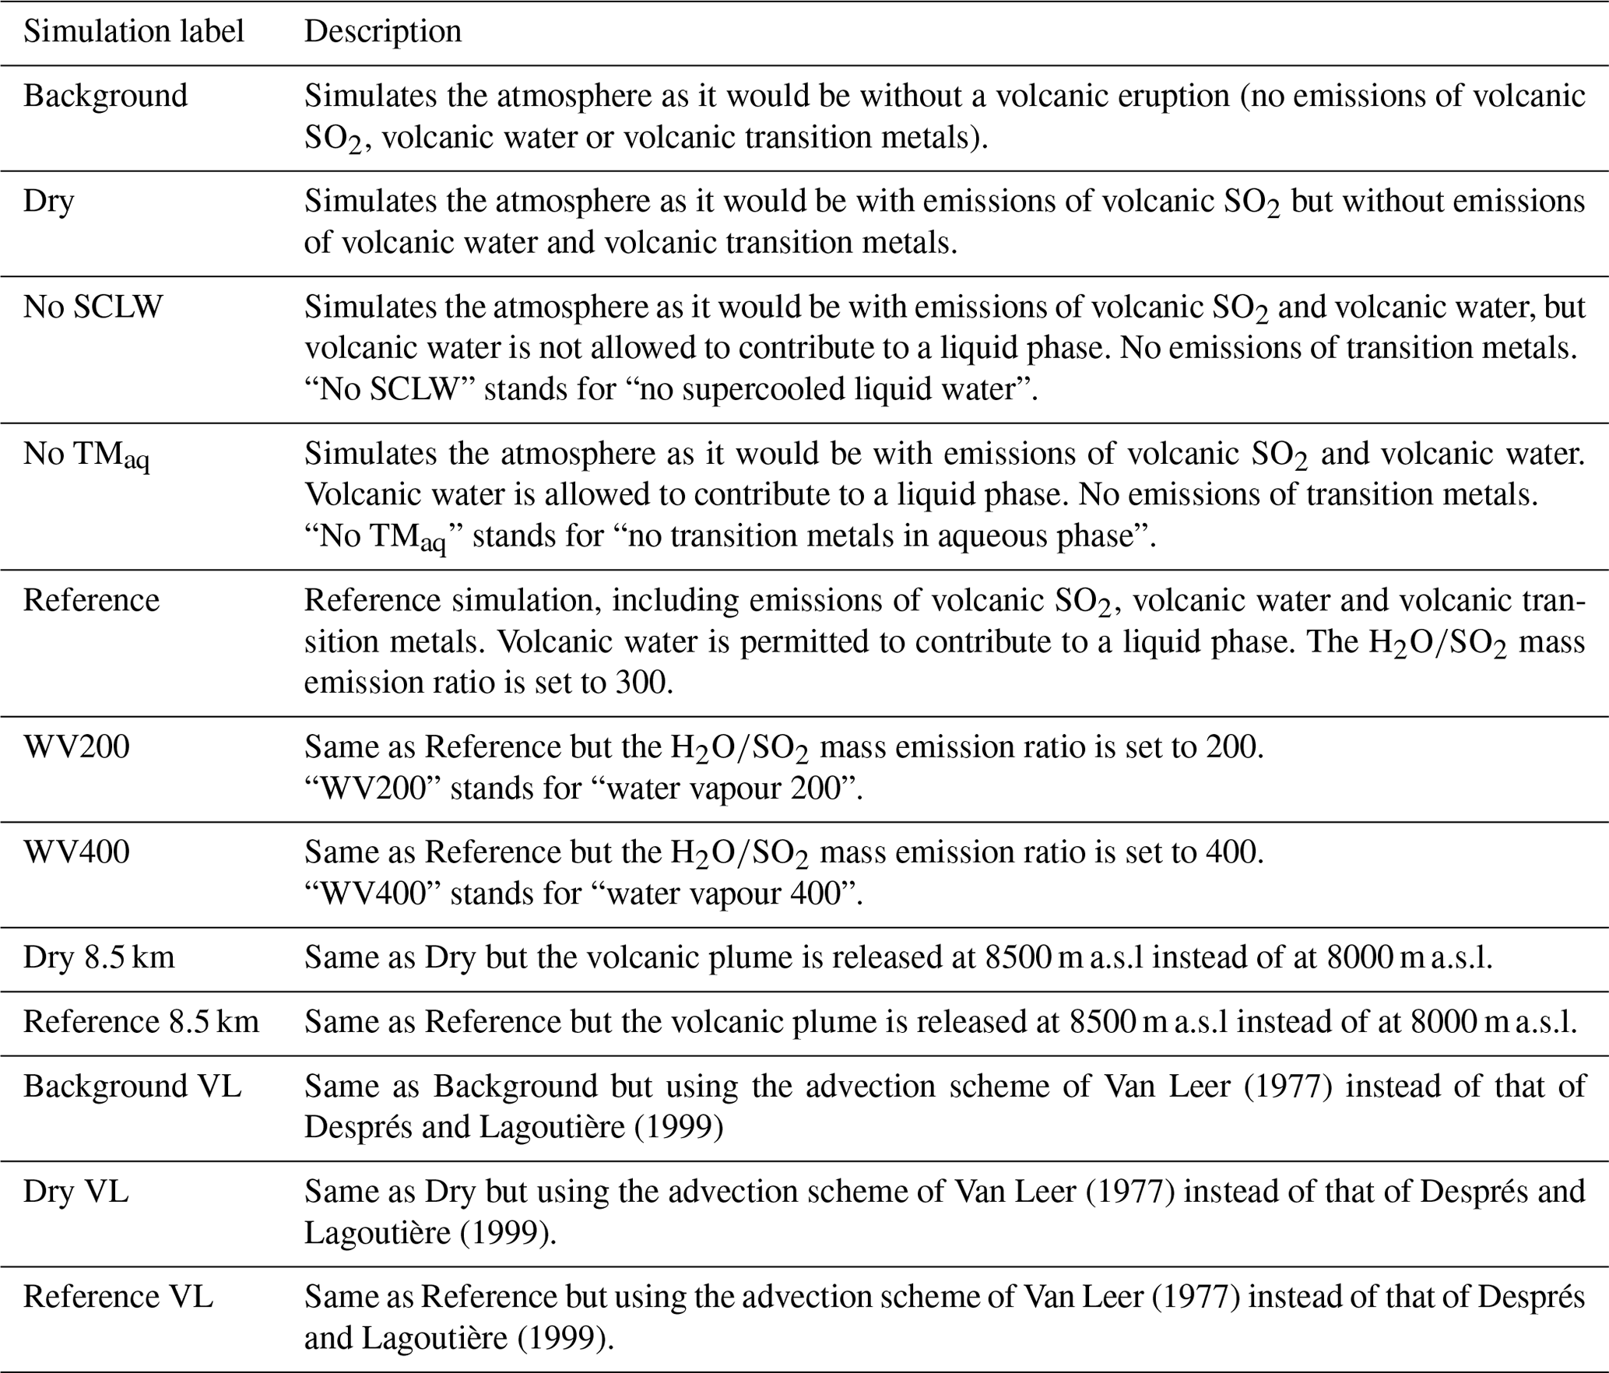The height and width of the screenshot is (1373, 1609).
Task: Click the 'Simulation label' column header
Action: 133,32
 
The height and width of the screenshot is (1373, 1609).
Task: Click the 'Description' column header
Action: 382,32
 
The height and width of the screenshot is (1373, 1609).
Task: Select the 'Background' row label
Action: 105,96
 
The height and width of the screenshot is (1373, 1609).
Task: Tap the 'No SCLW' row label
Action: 93,307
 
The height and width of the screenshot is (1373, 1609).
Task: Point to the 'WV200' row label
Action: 76,747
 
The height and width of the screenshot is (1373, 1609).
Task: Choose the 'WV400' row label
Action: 76,852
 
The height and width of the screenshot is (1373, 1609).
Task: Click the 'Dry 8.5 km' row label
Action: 99,957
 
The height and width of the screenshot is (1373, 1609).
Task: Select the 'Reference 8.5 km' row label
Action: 141,1022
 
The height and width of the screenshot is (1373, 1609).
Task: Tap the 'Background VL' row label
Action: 132,1087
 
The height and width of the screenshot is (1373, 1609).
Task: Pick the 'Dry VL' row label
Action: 76,1192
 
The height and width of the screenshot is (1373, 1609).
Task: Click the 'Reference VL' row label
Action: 118,1298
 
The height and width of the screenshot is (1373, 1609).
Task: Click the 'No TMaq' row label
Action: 86,455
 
